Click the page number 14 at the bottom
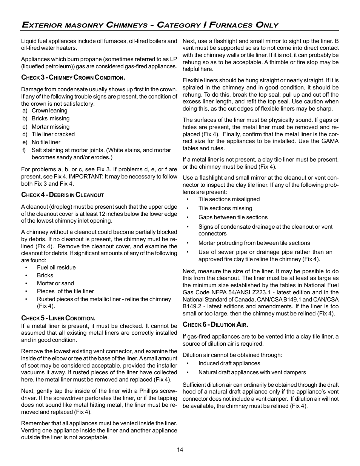tap(180, 449)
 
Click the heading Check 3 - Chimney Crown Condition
tap(73, 78)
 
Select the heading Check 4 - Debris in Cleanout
tap(62, 195)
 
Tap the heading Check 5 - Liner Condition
tap(58, 318)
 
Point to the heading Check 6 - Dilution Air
tap(215, 325)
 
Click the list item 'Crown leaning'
tap(49, 111)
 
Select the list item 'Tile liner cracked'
tap(53, 134)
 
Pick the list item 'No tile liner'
tap(46, 142)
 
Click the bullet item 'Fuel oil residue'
tap(56, 268)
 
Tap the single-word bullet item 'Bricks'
tap(45, 275)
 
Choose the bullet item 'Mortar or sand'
tap(55, 283)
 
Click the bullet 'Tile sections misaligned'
tap(229, 199)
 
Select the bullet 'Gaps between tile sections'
tap(233, 217)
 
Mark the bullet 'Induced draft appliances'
tap(229, 363)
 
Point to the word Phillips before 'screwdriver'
tap(148, 391)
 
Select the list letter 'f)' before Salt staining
tap(24, 150)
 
